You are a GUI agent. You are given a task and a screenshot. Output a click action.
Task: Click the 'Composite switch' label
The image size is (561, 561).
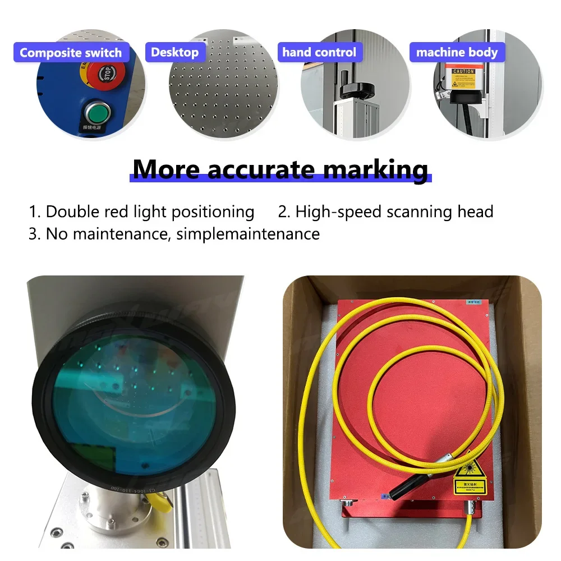[x=71, y=53]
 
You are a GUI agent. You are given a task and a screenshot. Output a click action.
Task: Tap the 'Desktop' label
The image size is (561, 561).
[x=174, y=53]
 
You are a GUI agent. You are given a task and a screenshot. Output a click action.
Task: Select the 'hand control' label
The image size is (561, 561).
[x=319, y=53]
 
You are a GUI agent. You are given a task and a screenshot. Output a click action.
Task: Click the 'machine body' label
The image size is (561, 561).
[x=457, y=53]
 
